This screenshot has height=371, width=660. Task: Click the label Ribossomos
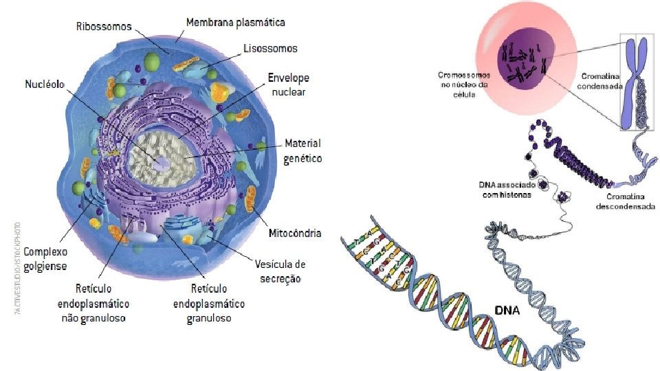click(x=104, y=27)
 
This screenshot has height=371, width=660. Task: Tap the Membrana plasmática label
click(x=236, y=23)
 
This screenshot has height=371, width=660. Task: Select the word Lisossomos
click(x=270, y=49)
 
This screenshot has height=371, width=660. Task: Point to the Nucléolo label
click(x=45, y=85)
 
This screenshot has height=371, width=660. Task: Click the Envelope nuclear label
click(x=289, y=85)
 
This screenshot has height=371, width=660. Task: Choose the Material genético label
click(x=302, y=150)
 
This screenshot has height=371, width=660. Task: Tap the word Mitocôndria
click(x=294, y=233)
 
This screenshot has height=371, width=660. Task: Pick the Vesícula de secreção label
click(x=280, y=271)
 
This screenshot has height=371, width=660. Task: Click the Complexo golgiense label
click(x=45, y=259)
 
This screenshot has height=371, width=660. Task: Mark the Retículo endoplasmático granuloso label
click(x=209, y=303)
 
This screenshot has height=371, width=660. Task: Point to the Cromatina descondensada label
click(x=625, y=201)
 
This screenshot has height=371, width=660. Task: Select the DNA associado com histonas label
click(x=505, y=190)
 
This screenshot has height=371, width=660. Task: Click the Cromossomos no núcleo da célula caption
click(x=464, y=84)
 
